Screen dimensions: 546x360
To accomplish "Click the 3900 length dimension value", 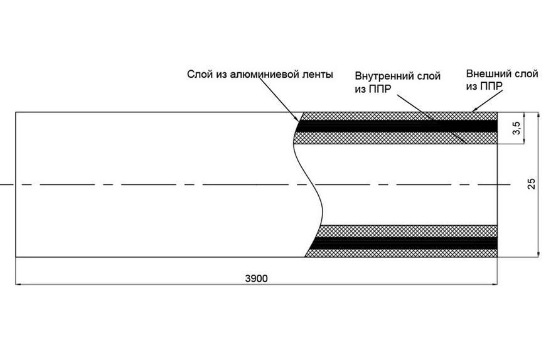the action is [x=256, y=278].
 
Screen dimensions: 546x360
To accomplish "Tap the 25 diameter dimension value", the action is [x=532, y=184].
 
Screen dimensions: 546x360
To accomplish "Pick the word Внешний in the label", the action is [x=488, y=74].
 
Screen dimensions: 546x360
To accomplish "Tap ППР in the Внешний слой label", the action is [x=491, y=87].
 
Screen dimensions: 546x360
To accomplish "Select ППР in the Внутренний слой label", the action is [x=380, y=88].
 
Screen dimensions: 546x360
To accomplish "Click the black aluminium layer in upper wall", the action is [x=397, y=126].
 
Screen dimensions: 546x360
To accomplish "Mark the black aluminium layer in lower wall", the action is [x=404, y=243].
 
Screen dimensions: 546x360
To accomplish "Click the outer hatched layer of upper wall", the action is [x=399, y=116].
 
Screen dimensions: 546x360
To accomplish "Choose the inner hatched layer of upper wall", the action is [x=395, y=138].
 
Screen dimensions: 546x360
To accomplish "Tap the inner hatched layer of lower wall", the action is [x=408, y=231].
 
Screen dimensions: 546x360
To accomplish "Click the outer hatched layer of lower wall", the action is [x=402, y=253].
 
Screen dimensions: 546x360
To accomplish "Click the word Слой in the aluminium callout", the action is [x=196, y=75].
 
